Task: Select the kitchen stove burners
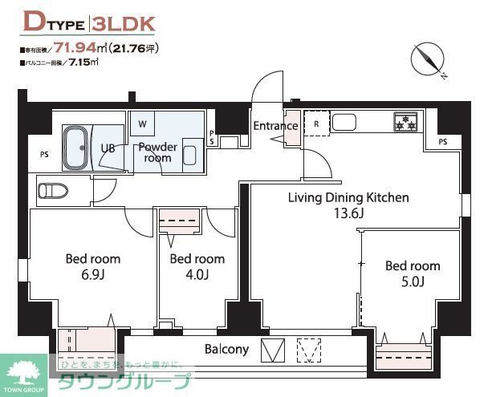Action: tap(405, 123)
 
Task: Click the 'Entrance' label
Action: tap(275, 126)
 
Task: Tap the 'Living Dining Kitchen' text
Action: tap(349, 197)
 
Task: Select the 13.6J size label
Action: tap(349, 213)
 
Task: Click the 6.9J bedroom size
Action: tap(92, 274)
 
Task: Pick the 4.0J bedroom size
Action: tap(197, 274)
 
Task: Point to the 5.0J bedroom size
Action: tap(412, 282)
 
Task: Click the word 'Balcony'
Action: tap(226, 349)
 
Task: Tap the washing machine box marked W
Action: tap(142, 124)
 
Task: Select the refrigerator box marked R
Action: tap(317, 124)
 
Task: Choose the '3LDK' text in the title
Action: tap(126, 22)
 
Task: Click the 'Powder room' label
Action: tap(157, 152)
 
